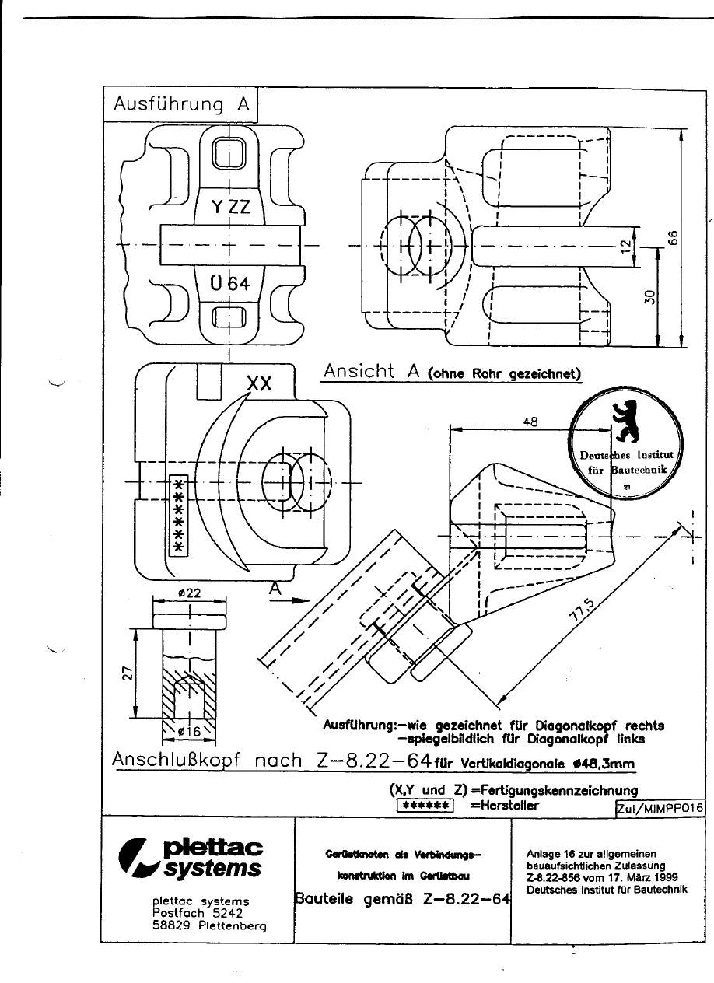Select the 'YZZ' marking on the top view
tap(231, 207)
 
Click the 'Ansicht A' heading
tap(371, 372)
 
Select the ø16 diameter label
tap(189, 731)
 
